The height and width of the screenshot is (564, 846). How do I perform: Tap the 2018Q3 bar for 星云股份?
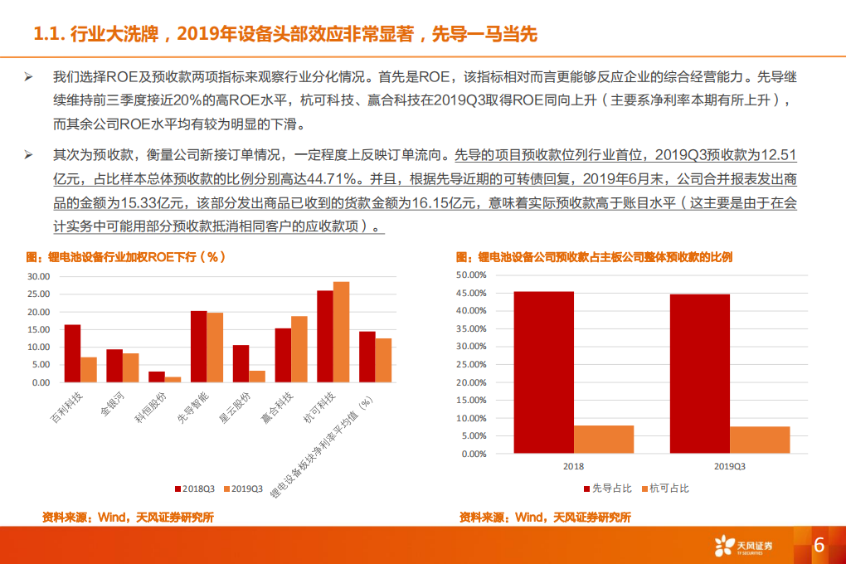pyautogui.click(x=241, y=363)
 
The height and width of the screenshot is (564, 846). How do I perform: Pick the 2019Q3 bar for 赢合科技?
pyautogui.click(x=299, y=349)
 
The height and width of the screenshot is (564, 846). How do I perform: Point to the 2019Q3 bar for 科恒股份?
pyautogui.click(x=173, y=379)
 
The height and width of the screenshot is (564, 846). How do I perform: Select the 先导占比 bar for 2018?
pyautogui.click(x=543, y=372)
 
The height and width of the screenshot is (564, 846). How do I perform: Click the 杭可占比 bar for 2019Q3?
pyautogui.click(x=760, y=440)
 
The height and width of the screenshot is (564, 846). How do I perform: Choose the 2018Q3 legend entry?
pyautogui.click(x=196, y=488)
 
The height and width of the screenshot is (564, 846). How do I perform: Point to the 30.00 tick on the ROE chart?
pyautogui.click(x=38, y=276)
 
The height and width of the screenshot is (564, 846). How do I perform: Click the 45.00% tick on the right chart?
pyautogui.click(x=471, y=293)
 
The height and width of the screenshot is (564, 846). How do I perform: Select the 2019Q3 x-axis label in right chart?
pyautogui.click(x=729, y=467)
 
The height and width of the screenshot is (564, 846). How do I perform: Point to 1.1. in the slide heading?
pyautogui.click(x=47, y=34)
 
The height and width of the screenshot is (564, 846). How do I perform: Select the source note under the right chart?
pyautogui.click(x=545, y=517)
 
